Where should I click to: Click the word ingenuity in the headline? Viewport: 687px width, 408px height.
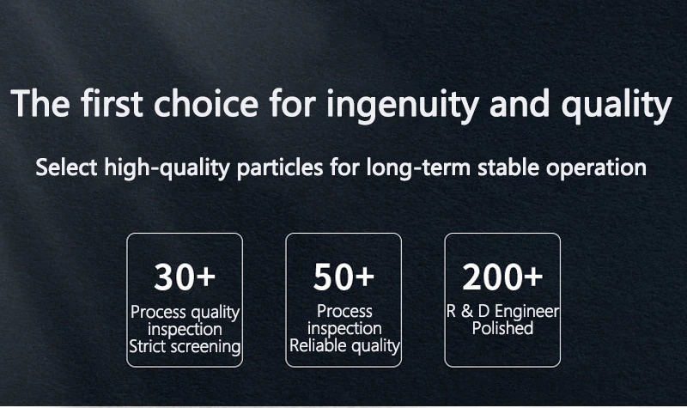click(402, 104)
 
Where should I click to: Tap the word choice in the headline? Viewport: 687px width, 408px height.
click(206, 103)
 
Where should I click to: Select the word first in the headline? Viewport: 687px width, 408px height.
click(112, 103)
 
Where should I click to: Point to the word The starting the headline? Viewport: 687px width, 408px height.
click(40, 103)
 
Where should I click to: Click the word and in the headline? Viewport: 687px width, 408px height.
click(520, 103)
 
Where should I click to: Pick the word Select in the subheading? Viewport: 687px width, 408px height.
click(66, 167)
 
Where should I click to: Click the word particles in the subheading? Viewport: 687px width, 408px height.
click(280, 168)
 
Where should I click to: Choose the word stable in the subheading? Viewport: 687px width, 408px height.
click(508, 167)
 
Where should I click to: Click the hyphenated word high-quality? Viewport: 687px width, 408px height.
click(167, 168)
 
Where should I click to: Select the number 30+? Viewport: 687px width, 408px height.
click(185, 277)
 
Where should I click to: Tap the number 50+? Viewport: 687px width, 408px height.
click(344, 277)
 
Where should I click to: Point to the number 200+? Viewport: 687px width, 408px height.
click(502, 277)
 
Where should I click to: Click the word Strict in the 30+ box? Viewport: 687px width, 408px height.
click(148, 346)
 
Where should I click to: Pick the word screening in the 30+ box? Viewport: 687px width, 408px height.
click(205, 347)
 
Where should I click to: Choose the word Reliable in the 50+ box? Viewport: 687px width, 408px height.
click(319, 345)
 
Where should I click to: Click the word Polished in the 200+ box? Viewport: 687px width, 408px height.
click(502, 328)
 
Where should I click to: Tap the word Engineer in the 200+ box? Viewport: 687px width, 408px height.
click(527, 312)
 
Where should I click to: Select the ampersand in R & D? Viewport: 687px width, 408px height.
click(467, 311)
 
